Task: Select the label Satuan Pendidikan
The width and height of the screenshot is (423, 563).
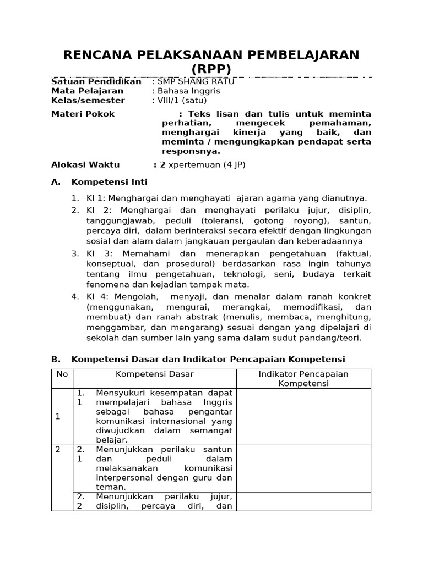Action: (96, 81)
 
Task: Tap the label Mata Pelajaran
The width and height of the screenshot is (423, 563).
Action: (88, 91)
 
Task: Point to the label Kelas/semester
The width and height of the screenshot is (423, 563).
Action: (88, 100)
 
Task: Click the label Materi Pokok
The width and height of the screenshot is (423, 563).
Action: (83, 114)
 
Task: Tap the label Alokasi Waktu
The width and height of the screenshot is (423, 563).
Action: (85, 164)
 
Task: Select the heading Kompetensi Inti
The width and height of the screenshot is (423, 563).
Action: (110, 182)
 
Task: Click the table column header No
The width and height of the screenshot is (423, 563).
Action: (62, 374)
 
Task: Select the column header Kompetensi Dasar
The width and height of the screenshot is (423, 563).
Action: (154, 374)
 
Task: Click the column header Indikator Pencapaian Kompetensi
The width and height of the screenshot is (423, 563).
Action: (303, 378)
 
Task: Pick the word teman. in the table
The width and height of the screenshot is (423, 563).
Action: (109, 487)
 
